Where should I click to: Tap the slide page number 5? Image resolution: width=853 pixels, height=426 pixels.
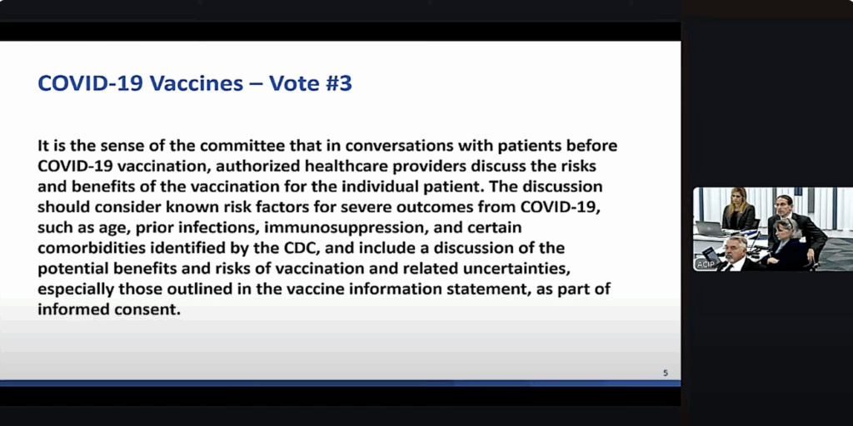point(665,373)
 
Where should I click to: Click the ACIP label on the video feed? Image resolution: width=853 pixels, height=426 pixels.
point(706,264)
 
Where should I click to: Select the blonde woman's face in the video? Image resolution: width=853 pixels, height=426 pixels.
point(737,199)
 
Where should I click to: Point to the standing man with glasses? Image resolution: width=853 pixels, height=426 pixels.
point(783,208)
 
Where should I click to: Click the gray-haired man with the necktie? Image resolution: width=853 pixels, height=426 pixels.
point(736,250)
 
